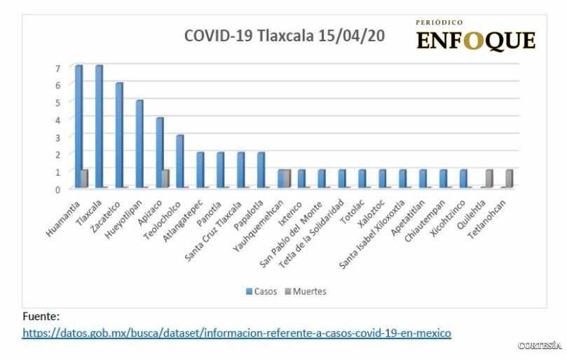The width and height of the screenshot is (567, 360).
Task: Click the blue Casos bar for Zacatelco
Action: coord(119,135)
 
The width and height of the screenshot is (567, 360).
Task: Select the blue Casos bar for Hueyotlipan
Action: coord(139,144)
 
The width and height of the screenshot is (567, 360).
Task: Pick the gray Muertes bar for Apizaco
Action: coord(166,179)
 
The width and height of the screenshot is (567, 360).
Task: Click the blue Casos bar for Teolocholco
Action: coord(179,161)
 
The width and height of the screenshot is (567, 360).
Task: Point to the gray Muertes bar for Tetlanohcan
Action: coord(509,179)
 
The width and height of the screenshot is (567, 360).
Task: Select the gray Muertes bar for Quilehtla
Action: coord(489,179)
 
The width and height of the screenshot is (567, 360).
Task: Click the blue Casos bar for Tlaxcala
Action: coord(99,127)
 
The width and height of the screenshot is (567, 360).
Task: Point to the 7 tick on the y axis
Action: coord(59,67)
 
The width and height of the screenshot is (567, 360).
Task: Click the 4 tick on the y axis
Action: coord(59,119)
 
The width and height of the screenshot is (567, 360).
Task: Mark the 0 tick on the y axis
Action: coord(59,188)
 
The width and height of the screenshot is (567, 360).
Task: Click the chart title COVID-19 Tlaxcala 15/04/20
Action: coord(283,36)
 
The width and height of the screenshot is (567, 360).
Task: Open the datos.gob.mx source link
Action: coord(237,333)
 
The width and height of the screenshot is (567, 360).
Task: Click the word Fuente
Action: coord(41,317)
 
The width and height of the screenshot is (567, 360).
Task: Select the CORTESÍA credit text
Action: coord(540,347)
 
